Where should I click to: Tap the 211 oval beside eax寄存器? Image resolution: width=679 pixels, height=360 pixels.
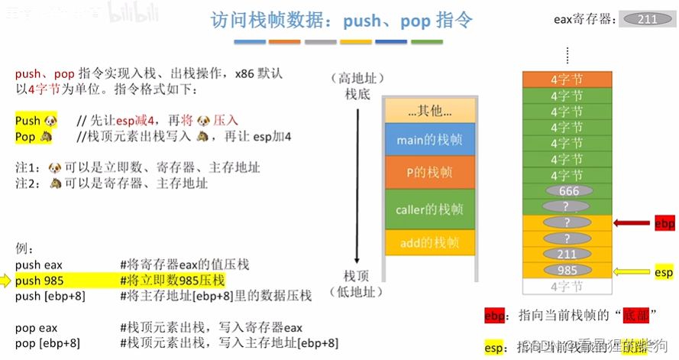(x=648, y=19)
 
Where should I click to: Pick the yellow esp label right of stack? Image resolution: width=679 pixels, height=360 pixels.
(x=664, y=272)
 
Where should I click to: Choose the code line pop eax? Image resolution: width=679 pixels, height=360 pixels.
(x=37, y=327)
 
